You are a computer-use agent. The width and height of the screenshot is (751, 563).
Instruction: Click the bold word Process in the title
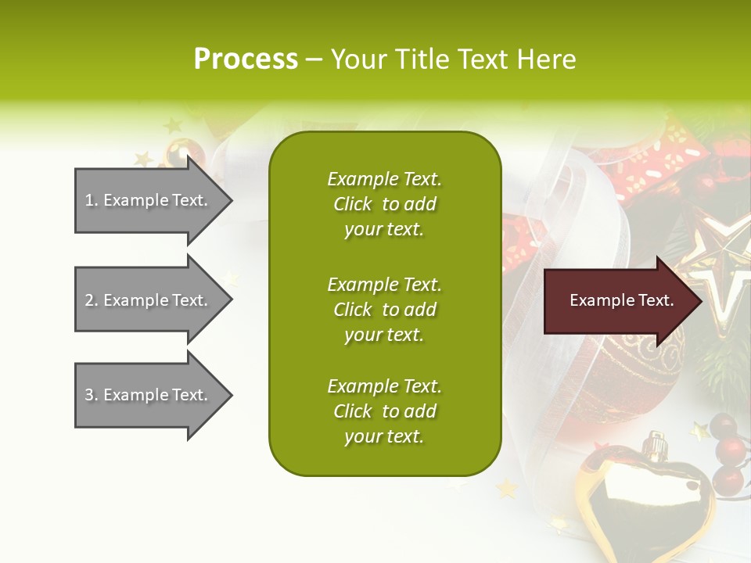(x=246, y=59)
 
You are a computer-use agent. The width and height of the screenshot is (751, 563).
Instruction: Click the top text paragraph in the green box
(x=384, y=204)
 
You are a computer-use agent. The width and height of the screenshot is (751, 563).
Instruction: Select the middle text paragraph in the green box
(x=384, y=310)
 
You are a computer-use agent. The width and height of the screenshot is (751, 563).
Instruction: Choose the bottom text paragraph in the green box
(x=384, y=411)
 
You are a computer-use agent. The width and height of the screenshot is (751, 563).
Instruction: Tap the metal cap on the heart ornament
(x=656, y=445)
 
